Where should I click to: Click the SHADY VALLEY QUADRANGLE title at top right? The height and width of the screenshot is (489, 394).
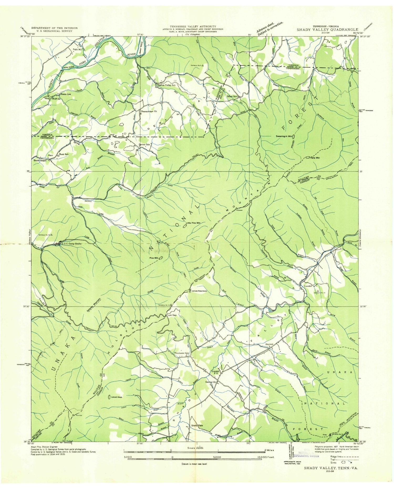(327, 29)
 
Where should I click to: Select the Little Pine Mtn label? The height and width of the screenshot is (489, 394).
(193, 223)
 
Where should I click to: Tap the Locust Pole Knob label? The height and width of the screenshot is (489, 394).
(200, 292)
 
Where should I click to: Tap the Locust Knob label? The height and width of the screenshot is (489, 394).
(117, 397)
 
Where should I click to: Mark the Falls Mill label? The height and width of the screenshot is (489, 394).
(78, 49)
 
